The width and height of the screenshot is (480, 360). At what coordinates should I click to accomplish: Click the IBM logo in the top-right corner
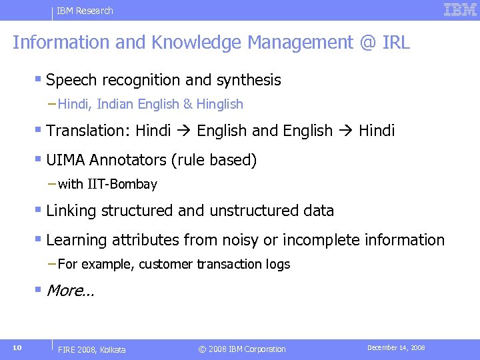tap(460, 10)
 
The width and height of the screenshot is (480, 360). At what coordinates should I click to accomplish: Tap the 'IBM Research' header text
tap(85, 11)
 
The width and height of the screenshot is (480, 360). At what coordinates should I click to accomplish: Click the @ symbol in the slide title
tap(368, 43)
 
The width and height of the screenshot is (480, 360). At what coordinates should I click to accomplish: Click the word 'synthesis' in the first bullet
tap(247, 80)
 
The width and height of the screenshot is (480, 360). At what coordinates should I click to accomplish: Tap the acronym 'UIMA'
tap(65, 160)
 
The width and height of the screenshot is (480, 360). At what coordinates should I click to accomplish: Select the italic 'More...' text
tap(70, 290)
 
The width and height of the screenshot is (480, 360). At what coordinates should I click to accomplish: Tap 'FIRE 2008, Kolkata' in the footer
tap(92, 349)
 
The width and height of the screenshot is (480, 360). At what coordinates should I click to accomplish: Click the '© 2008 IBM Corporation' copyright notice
tap(243, 349)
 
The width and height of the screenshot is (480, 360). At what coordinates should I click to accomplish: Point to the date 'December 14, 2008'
tap(396, 348)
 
